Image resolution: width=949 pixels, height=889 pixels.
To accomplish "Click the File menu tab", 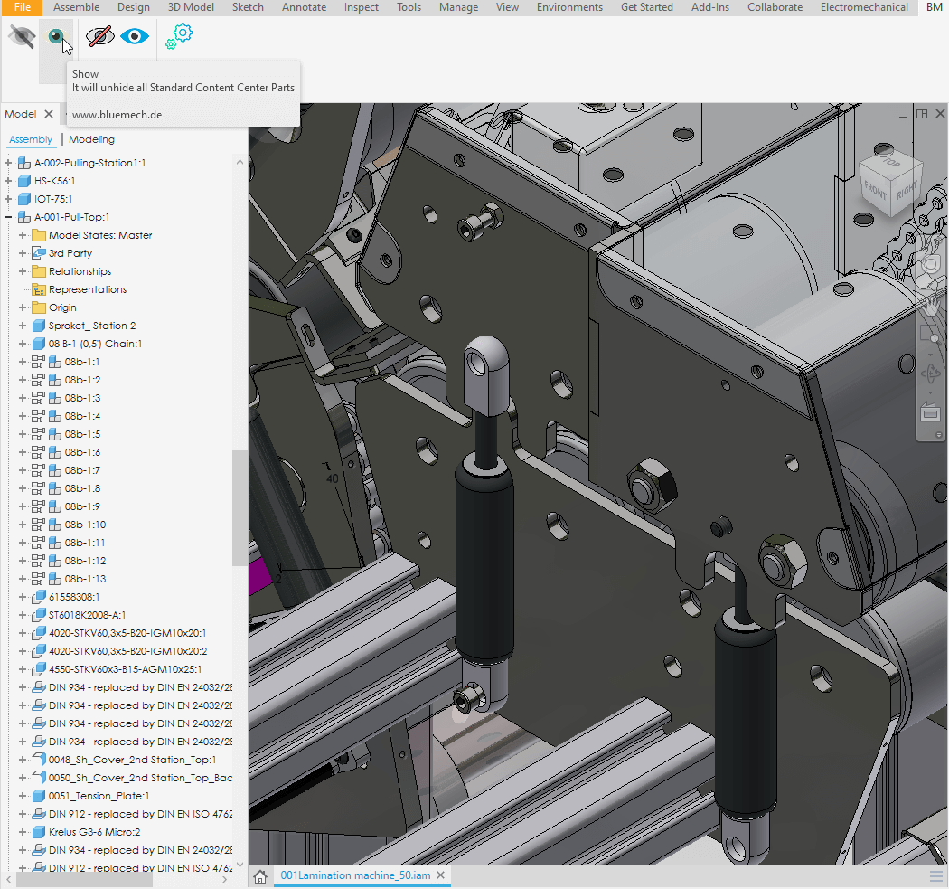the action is (22, 7).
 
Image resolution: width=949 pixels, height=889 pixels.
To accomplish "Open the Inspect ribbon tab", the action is (362, 7).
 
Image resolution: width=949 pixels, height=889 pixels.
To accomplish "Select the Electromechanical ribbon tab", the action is (864, 7).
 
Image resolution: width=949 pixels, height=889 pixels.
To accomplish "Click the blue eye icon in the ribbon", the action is (135, 36).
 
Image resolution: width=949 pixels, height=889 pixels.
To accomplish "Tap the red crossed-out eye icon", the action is (99, 36).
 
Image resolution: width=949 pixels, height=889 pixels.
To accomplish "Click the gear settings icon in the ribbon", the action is (179, 36).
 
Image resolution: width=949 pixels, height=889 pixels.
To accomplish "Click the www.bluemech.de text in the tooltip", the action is (117, 115).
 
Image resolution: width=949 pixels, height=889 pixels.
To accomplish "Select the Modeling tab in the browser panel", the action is (91, 139).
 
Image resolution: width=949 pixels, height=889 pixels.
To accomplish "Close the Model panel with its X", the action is (49, 114).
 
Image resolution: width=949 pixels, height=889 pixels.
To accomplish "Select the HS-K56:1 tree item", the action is (54, 181).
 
